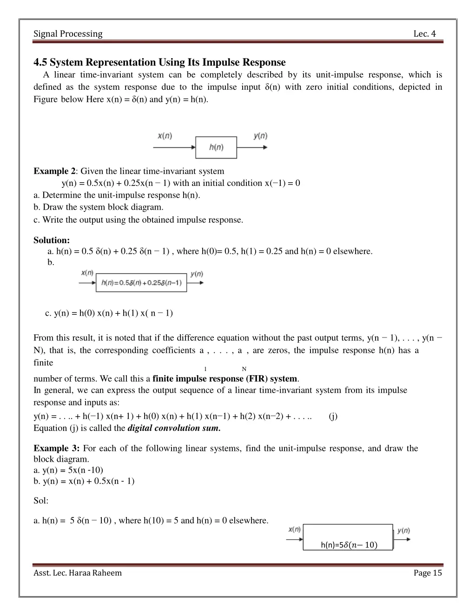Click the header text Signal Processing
pyautogui.click(x=68, y=33)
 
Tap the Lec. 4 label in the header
pyautogui.click(x=424, y=33)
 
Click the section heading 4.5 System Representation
pyautogui.click(x=159, y=62)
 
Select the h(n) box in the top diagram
pyautogui.click(x=216, y=147)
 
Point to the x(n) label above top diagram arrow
pyautogui.click(x=165, y=136)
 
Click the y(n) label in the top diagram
pyautogui.click(x=260, y=136)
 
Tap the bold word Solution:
pyautogui.click(x=52, y=240)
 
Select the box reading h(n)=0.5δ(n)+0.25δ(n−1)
pyautogui.click(x=141, y=283)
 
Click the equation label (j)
pyautogui.click(x=333, y=416)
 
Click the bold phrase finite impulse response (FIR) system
pyautogui.click(x=225, y=378)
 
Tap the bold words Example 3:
pyautogui.click(x=57, y=448)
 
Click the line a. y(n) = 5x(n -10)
pyautogui.click(x=68, y=470)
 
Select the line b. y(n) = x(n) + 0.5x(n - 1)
pyautogui.click(x=84, y=481)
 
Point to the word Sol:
pyautogui.click(x=41, y=501)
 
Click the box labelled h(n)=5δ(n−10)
pyautogui.click(x=348, y=538)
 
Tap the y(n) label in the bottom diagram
pyautogui.click(x=403, y=530)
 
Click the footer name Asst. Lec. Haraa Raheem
pyautogui.click(x=78, y=573)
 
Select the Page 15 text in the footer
pyautogui.click(x=428, y=573)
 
